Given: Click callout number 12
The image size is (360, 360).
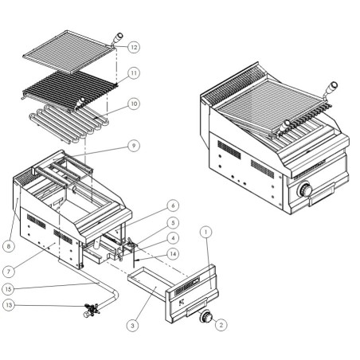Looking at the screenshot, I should click(x=134, y=47).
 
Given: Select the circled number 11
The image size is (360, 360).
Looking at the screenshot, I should click(x=134, y=72).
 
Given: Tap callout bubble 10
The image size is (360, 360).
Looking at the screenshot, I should click(x=134, y=104).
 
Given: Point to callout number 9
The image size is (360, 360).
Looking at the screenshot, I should click(x=134, y=146).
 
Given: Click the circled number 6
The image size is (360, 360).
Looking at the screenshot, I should click(x=172, y=205).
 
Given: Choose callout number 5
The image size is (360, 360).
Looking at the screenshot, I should click(x=172, y=223).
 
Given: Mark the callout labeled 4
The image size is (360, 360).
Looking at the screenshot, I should click(x=172, y=237).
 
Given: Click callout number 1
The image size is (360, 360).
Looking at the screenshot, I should click(x=205, y=233).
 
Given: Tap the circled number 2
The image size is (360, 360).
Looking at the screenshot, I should click(x=221, y=324).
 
